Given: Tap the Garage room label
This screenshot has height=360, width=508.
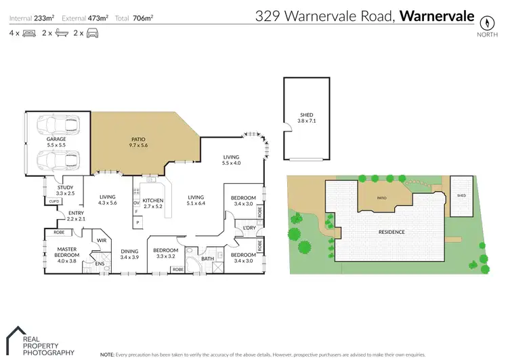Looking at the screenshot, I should tap(56, 142).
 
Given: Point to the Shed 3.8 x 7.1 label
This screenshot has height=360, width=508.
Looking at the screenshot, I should tap(307, 118).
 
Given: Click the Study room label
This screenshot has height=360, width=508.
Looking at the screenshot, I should tap(65, 191).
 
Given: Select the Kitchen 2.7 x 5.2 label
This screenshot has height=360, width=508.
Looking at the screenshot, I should tap(153, 204).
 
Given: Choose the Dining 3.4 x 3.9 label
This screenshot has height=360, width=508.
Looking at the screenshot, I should tap(129, 254).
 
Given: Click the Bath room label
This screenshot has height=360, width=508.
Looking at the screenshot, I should tap(207, 258).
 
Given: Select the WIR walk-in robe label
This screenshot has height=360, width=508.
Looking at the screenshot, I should tap(102, 240).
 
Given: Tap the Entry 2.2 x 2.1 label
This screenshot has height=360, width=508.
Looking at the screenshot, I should tap(75, 216).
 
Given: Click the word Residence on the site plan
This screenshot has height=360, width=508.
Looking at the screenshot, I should tap(391, 232).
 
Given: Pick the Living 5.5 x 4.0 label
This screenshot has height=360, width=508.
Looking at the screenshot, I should tap(232, 160).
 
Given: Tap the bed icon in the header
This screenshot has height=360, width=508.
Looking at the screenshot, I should tap(29, 33).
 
